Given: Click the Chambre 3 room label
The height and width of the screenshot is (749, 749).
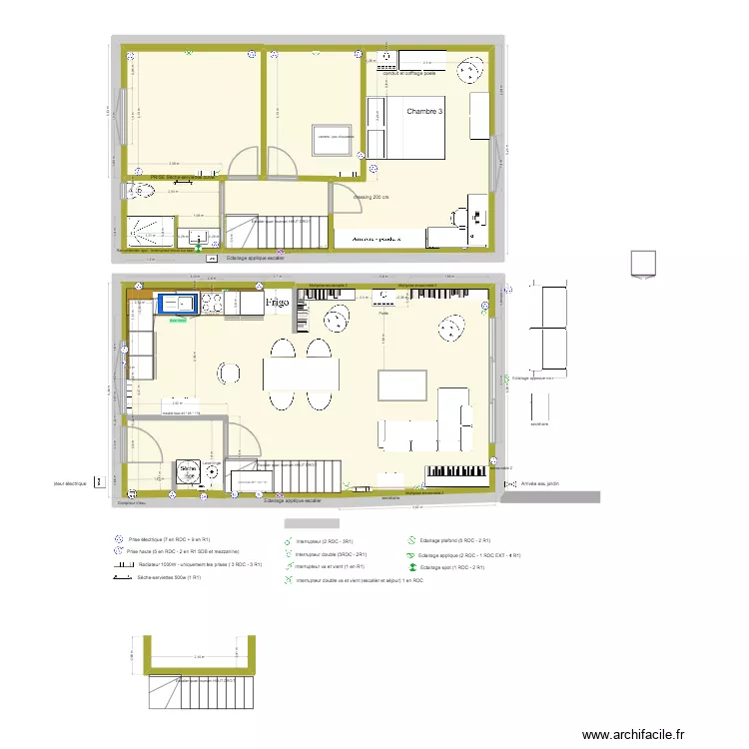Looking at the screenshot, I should (423, 111).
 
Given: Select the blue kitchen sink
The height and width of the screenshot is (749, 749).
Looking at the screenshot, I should (180, 303).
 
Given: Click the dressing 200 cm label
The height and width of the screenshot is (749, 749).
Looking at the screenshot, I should (372, 197).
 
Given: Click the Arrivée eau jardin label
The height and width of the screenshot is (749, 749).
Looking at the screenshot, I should (540, 483).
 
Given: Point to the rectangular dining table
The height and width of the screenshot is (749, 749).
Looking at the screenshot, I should (302, 374).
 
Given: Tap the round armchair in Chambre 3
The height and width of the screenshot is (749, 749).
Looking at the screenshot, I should (466, 70).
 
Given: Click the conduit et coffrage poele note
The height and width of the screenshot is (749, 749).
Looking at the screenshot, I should (395, 73).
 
